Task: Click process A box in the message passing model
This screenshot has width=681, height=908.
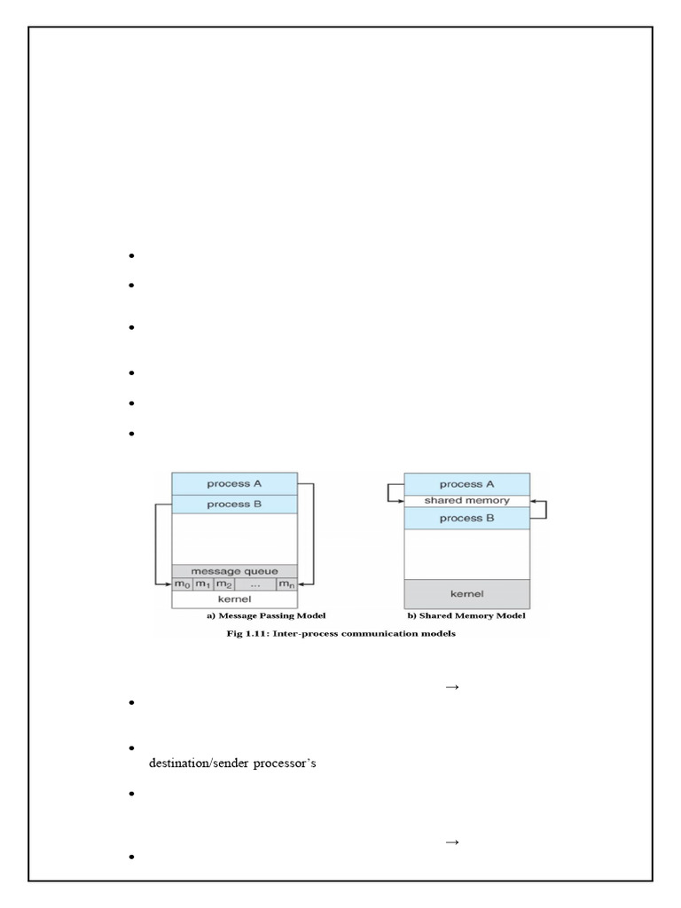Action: pos(234,483)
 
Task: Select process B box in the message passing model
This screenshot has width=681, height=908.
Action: pos(234,504)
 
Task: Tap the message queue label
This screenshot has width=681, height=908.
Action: pos(234,570)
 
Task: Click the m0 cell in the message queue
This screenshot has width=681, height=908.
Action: pos(182,584)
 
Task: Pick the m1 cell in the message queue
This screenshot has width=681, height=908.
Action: pos(203,584)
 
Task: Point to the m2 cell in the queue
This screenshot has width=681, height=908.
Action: pos(223,584)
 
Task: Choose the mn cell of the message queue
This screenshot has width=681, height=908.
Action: pos(286,584)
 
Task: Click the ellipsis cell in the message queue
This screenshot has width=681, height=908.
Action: pos(255,584)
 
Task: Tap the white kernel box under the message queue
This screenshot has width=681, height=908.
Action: pos(234,599)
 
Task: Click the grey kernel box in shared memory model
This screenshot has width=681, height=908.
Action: pos(466,592)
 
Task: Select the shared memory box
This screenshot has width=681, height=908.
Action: pos(466,501)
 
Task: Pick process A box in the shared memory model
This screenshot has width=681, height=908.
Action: pos(466,484)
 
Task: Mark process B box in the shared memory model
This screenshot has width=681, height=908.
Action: pos(466,518)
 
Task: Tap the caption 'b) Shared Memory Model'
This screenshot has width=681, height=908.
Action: pos(467,616)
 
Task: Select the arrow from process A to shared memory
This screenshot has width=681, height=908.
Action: pos(390,493)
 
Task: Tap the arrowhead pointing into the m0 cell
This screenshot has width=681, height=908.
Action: pos(168,584)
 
